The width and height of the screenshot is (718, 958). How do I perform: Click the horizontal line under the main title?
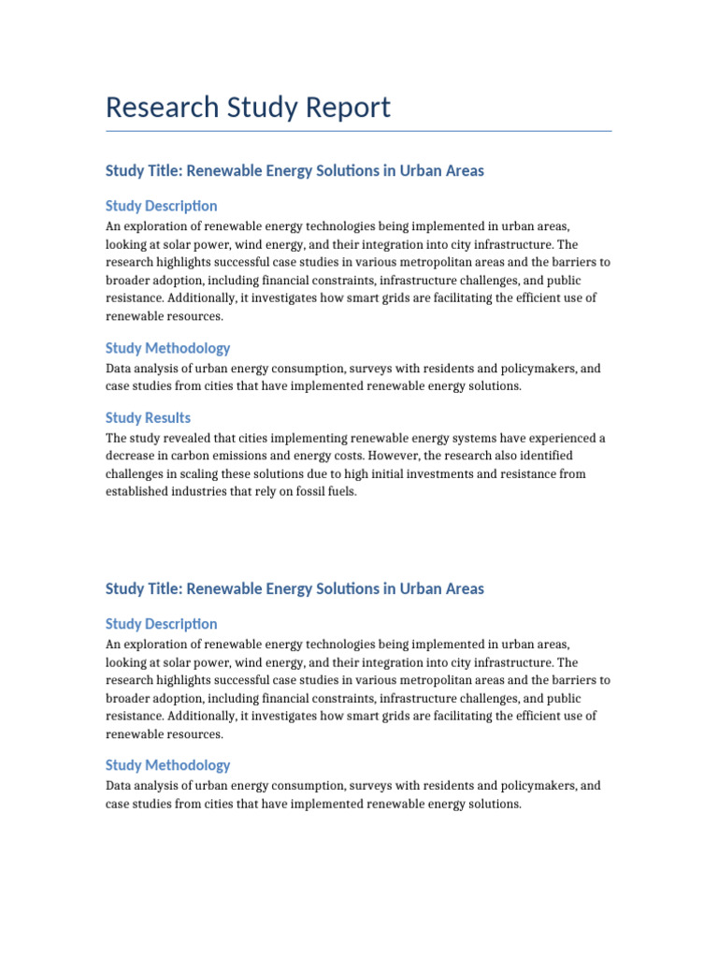click(359, 131)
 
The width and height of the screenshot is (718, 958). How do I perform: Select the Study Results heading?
click(148, 418)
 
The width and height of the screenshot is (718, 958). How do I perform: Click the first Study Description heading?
click(161, 206)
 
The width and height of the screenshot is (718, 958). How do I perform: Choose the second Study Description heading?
click(161, 624)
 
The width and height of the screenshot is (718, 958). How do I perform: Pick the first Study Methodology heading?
click(167, 348)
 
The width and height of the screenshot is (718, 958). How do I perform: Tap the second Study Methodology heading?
click(167, 765)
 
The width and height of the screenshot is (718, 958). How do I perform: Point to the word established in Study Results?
click(136, 491)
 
